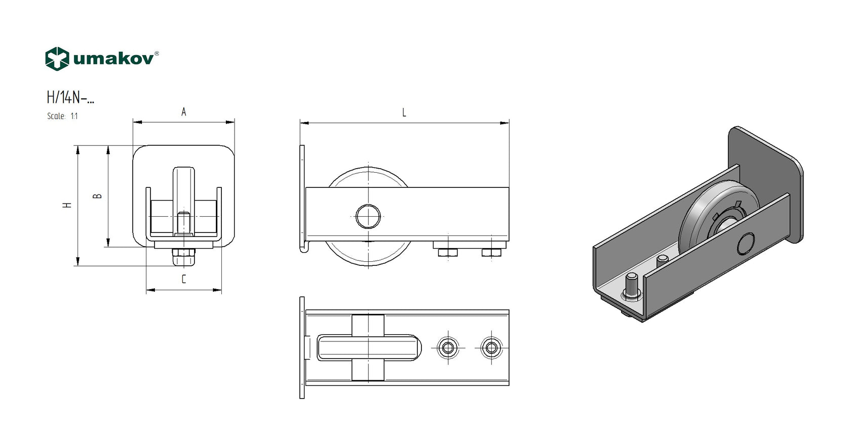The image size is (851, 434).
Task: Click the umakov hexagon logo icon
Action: pos(57,59)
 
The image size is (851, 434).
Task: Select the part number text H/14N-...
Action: pos(70,97)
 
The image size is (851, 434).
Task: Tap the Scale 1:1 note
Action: pos(62,116)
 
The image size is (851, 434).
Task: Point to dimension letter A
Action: pos(184,112)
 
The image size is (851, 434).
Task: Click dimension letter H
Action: pos(67,205)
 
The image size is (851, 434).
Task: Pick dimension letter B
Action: pos(98,196)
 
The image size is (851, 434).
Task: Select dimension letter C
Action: pos(184,279)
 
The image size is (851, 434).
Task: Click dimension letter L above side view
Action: pos(404,112)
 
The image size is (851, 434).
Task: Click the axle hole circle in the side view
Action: pos(368,216)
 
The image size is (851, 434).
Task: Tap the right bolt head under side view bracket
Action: pos(491,252)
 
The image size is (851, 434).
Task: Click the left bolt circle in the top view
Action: pos(448,348)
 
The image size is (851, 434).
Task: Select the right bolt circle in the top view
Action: pos(491,348)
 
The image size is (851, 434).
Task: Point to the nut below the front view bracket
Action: pos(184,253)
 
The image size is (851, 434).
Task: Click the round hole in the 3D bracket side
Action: pos(746,244)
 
